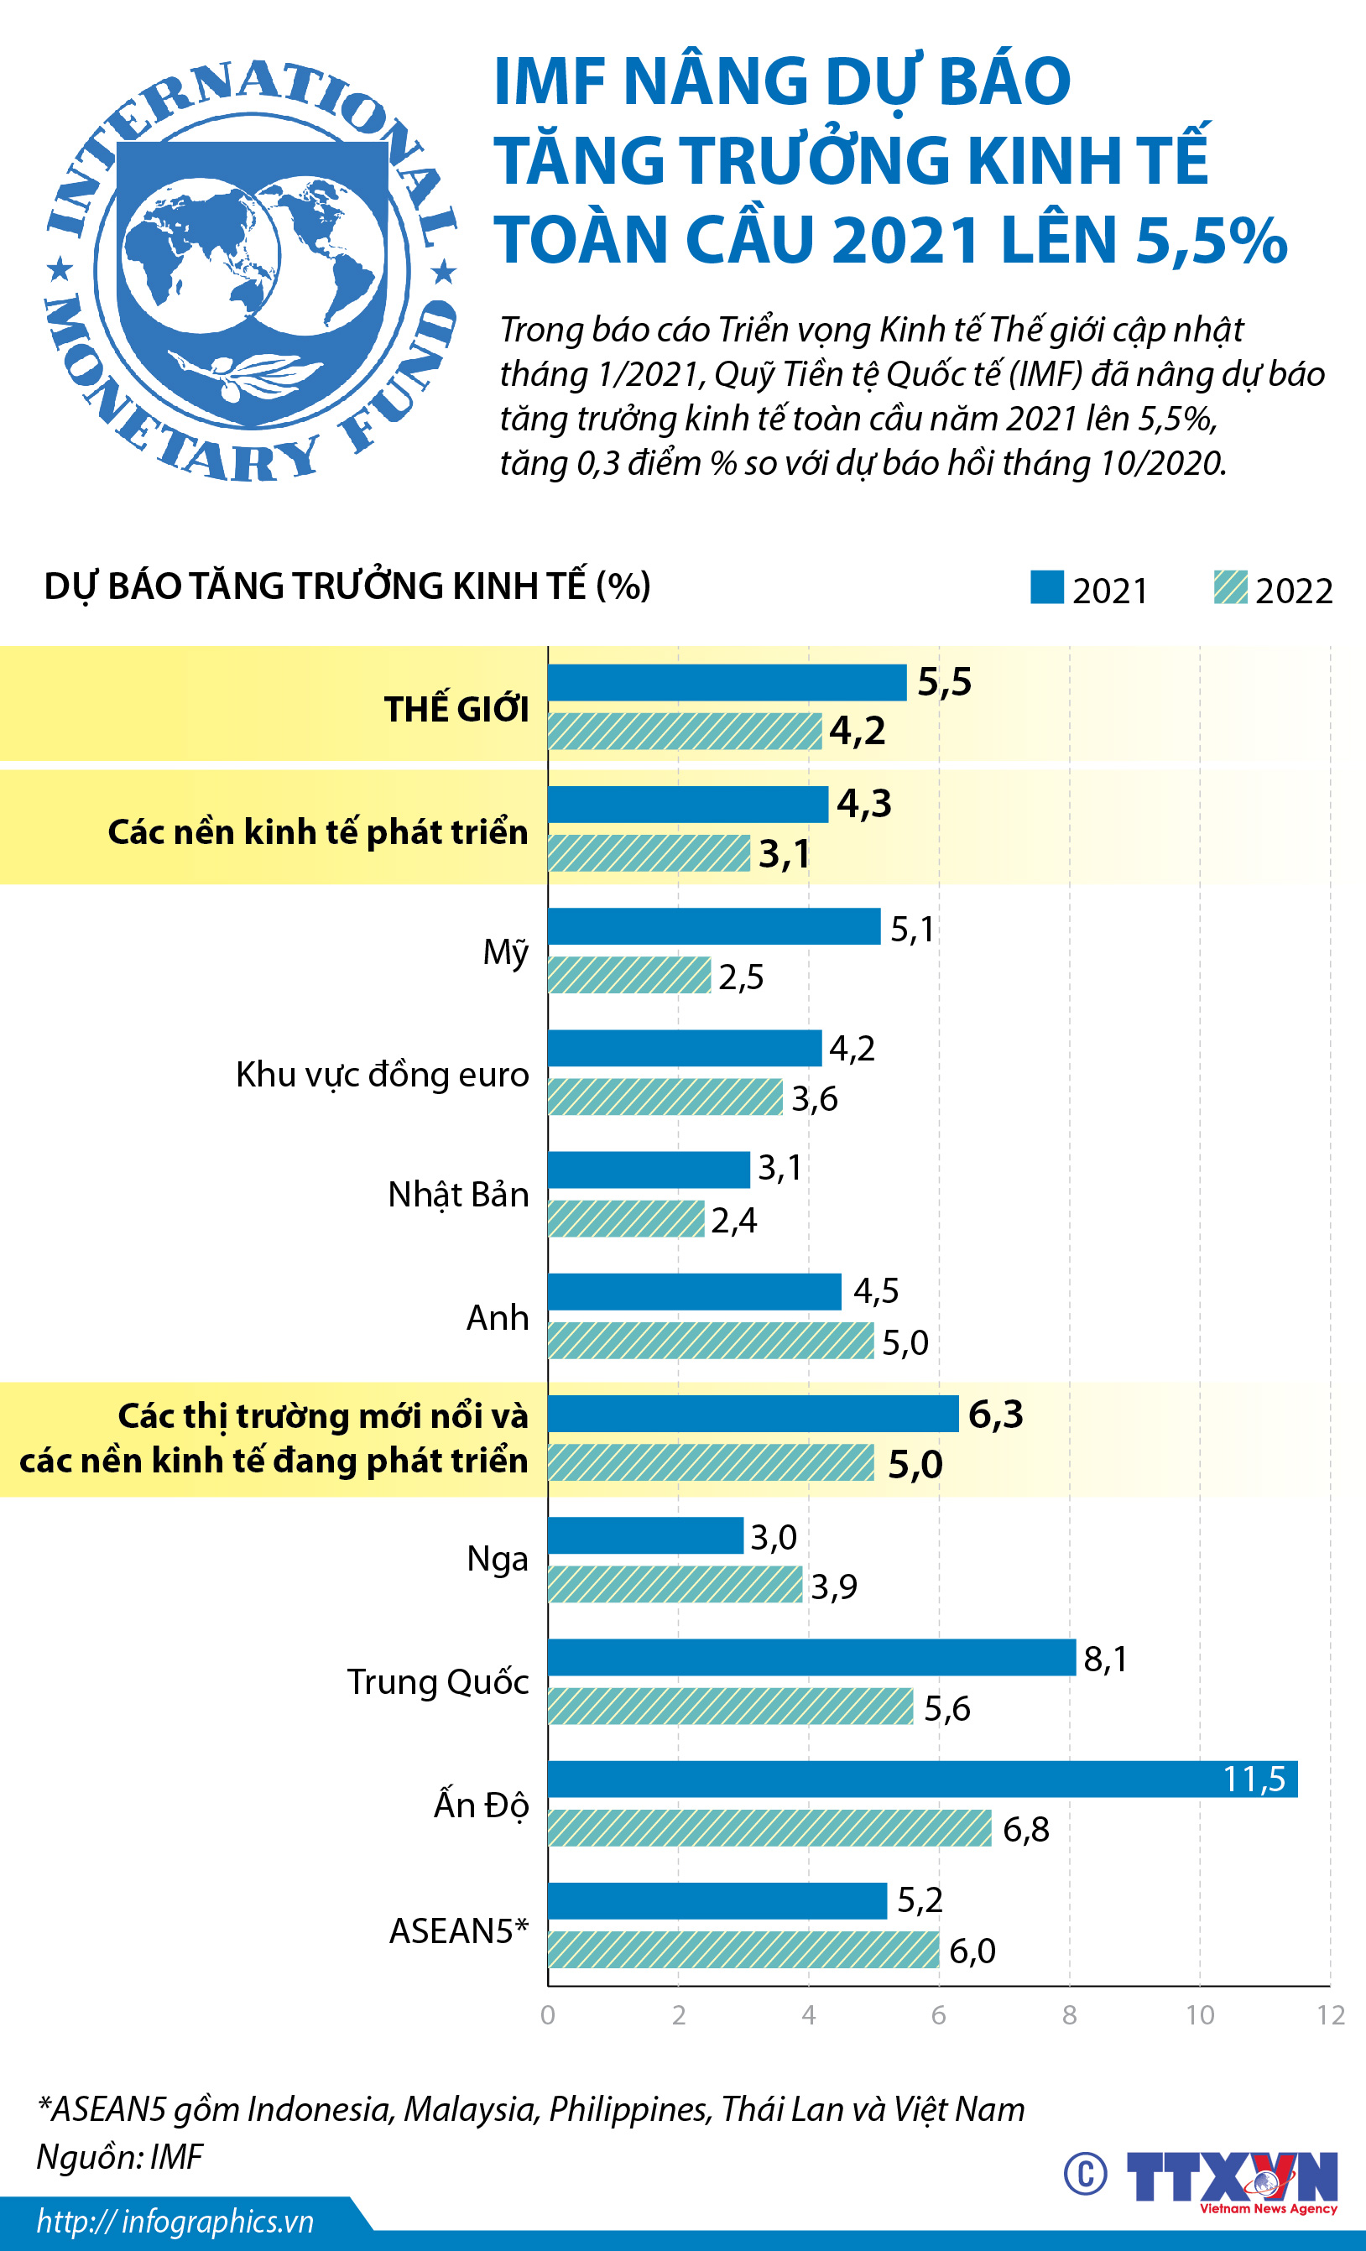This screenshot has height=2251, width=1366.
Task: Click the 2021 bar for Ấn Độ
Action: (922, 1779)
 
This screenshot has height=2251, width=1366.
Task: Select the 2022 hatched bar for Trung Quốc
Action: (730, 1706)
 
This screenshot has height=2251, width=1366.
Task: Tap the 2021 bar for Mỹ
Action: (713, 926)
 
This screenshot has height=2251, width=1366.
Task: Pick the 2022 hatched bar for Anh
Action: (711, 1340)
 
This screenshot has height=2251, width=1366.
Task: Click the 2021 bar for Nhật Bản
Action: (649, 1170)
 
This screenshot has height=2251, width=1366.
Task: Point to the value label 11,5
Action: (1254, 1779)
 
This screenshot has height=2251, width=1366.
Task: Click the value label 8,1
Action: (1106, 1658)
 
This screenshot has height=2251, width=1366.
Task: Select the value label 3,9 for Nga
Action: (834, 1587)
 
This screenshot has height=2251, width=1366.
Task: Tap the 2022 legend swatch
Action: (1230, 587)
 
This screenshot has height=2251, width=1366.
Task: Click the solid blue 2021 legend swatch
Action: (1046, 587)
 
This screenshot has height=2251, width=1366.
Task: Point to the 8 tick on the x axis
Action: (1069, 2015)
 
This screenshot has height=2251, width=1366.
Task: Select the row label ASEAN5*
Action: (459, 1931)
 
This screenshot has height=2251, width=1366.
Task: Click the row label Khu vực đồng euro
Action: (382, 1075)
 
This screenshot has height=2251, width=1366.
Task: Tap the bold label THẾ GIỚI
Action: (456, 709)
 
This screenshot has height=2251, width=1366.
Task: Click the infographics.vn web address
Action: (175, 2222)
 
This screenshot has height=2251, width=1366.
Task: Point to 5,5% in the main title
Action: (1211, 240)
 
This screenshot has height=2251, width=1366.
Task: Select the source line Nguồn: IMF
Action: (120, 2157)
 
